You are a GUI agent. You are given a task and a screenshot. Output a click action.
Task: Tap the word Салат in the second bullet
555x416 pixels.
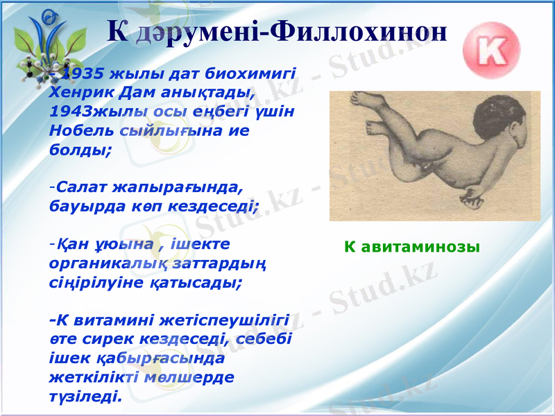[x=78, y=187]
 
